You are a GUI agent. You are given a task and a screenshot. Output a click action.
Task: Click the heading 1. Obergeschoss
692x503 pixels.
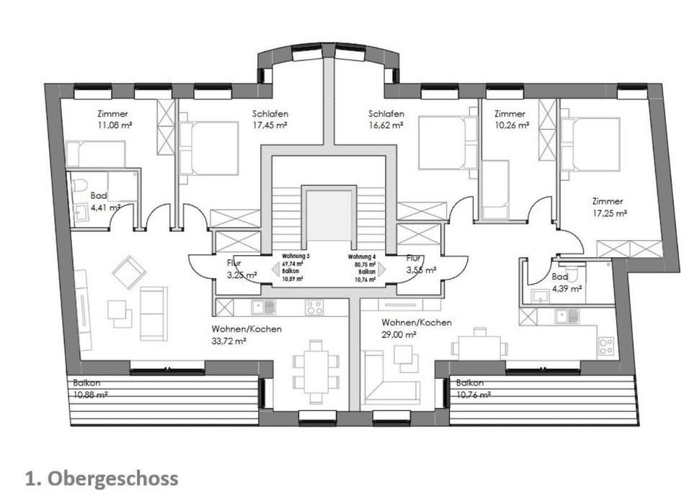(x=101, y=478)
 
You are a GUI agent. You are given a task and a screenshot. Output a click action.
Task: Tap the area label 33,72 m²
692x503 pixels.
(x=229, y=341)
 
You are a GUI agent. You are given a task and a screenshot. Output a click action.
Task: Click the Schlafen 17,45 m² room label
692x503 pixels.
(x=270, y=120)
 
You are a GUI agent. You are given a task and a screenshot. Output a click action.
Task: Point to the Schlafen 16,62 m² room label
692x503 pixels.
(x=386, y=120)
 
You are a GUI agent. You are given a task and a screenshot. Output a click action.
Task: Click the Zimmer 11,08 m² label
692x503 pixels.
(x=112, y=120)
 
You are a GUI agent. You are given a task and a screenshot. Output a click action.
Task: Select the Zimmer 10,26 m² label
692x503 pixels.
(x=510, y=120)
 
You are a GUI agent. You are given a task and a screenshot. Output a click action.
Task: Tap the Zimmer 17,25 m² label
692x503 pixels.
(x=608, y=208)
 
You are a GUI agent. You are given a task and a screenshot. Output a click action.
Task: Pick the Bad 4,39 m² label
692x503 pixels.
(x=564, y=282)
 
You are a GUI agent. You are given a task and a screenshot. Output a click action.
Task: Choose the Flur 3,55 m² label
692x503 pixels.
(x=420, y=264)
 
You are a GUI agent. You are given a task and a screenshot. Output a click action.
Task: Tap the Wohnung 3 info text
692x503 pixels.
(x=296, y=267)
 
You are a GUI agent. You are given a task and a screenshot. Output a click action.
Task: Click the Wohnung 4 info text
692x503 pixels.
(x=363, y=267)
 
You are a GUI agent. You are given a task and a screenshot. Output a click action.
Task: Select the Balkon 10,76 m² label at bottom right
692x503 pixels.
(x=473, y=389)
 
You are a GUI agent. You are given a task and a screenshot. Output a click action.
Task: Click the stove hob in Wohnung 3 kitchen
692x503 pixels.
(x=314, y=308)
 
